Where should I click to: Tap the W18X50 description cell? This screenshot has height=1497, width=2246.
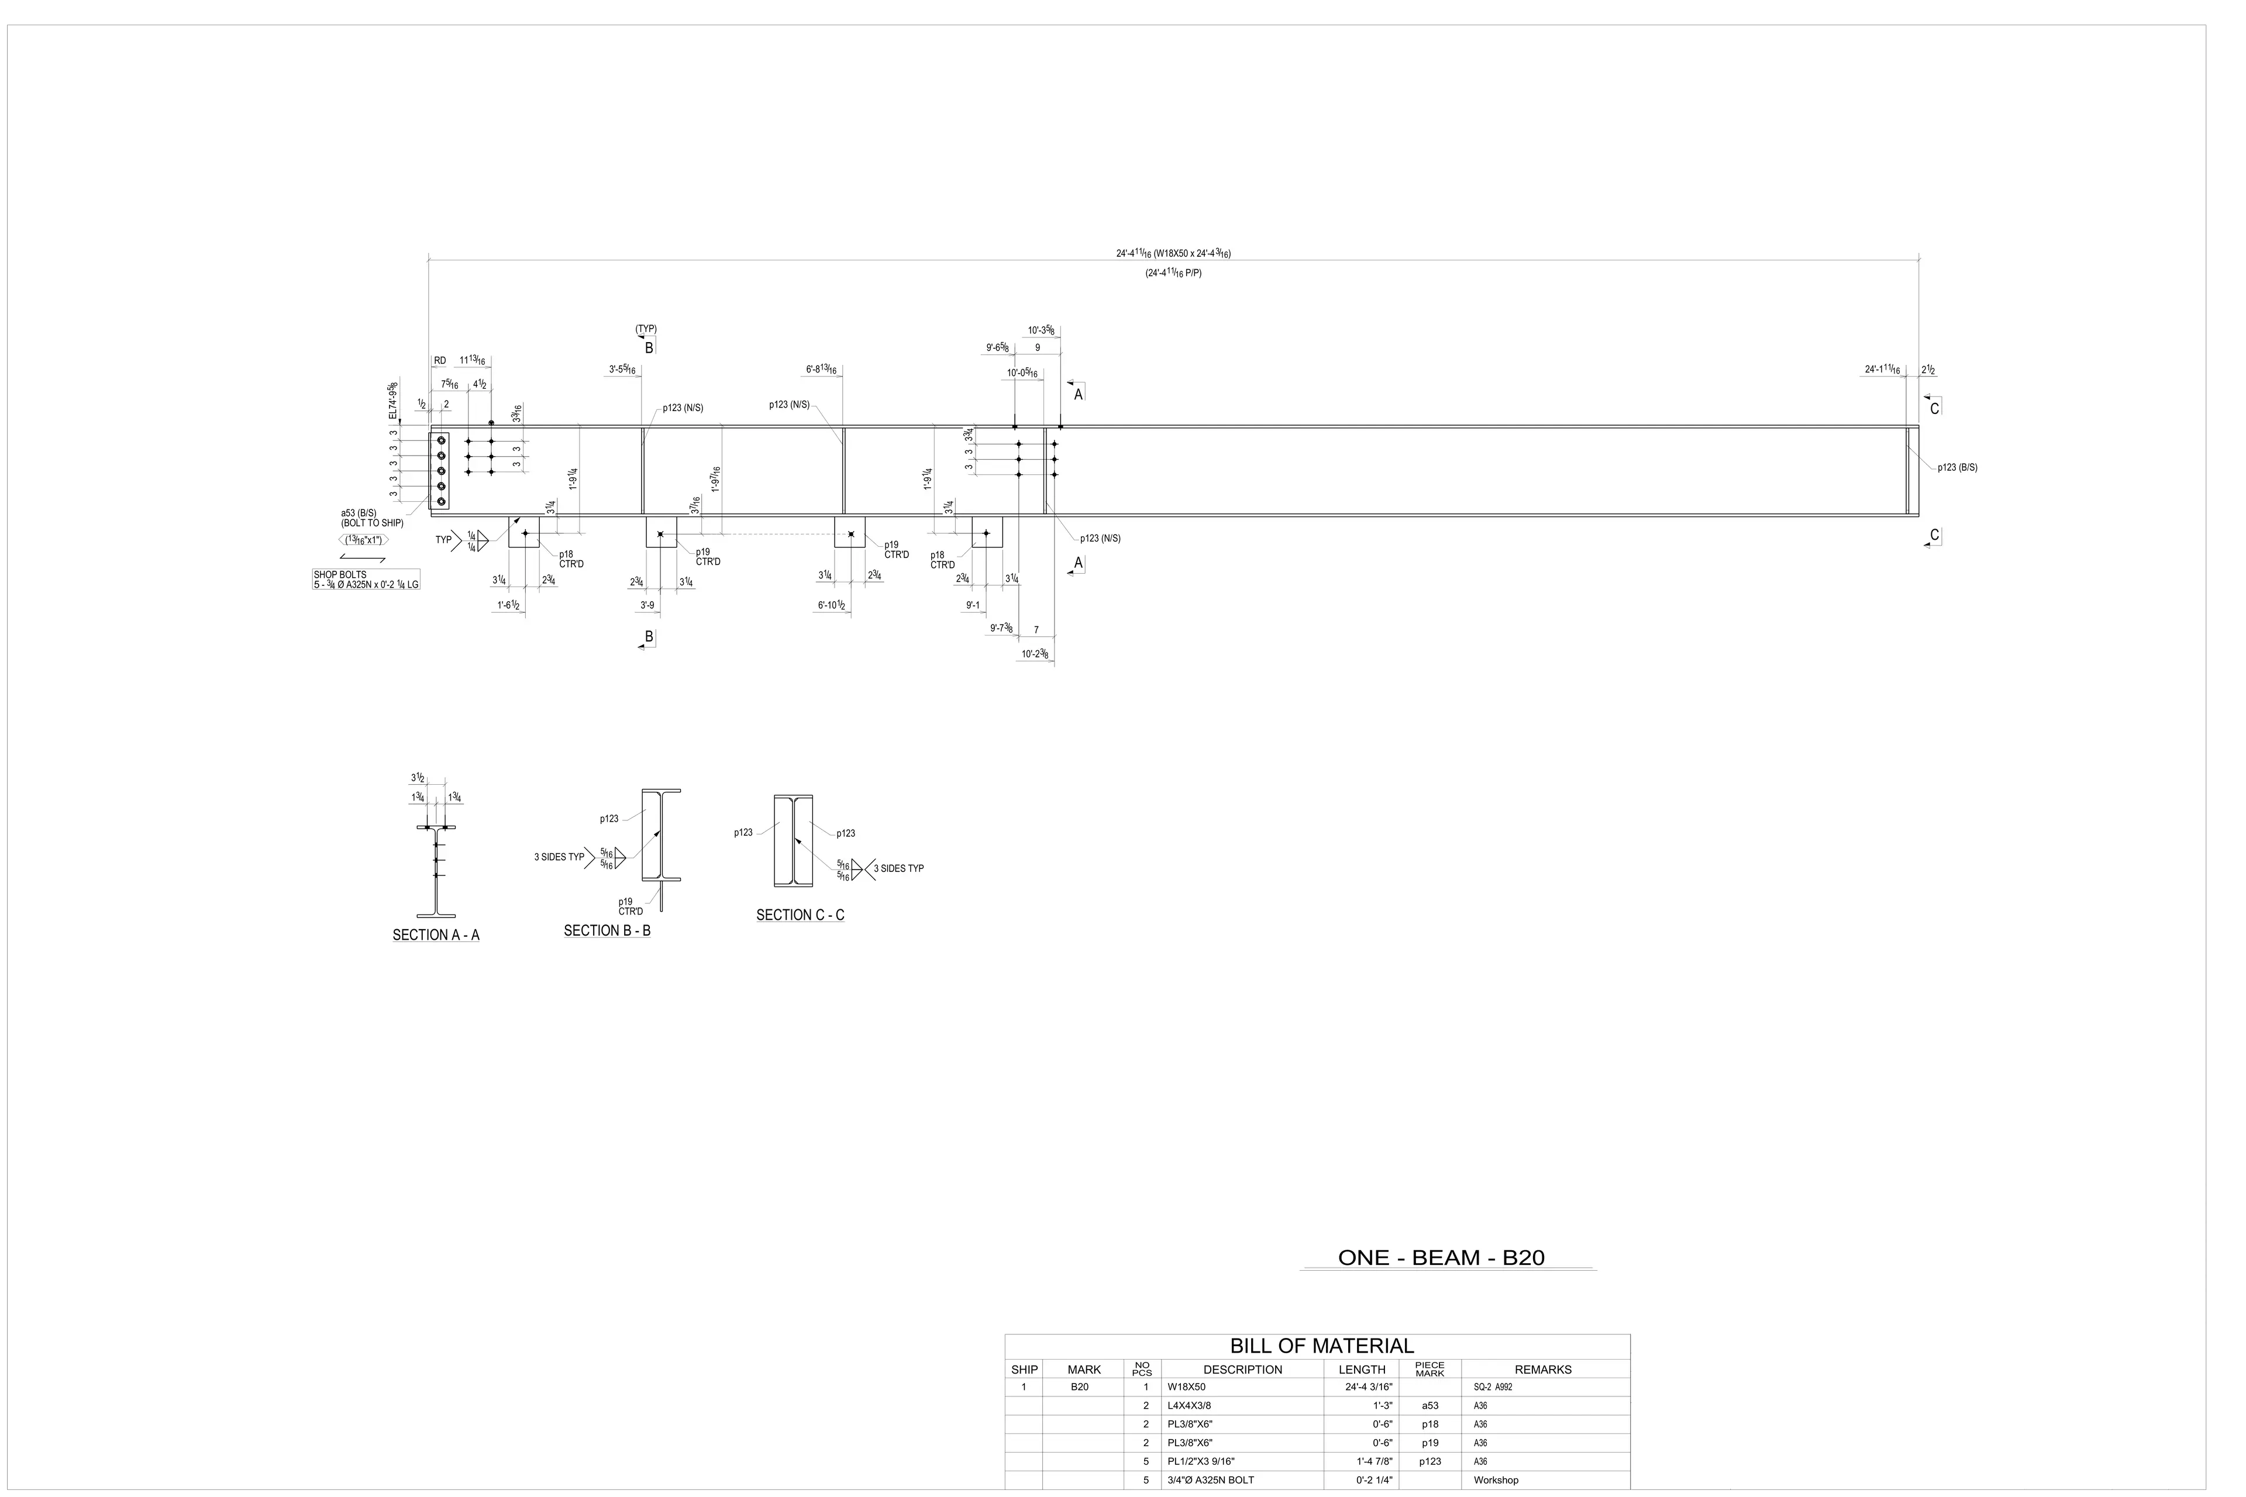point(1186,1387)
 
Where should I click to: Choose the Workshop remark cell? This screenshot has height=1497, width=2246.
point(1496,1480)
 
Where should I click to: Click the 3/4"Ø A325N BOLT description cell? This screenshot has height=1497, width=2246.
point(1210,1480)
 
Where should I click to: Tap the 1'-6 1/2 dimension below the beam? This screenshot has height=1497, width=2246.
point(508,605)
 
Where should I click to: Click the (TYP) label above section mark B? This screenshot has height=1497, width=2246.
point(646,329)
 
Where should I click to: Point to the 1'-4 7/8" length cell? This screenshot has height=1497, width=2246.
point(1375,1462)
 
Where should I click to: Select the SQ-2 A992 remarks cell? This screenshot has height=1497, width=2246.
point(1493,1387)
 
